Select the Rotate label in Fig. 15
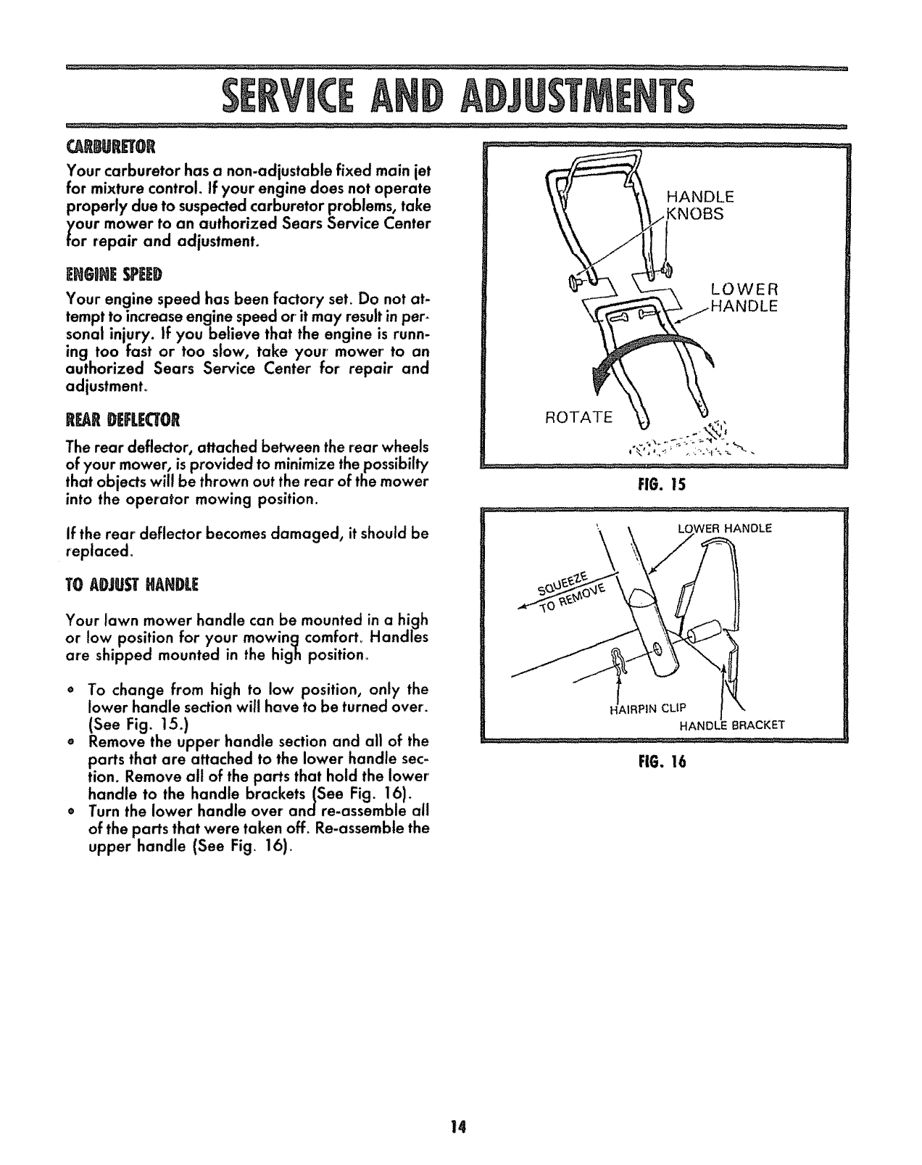coord(579,418)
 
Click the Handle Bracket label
coord(731,724)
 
